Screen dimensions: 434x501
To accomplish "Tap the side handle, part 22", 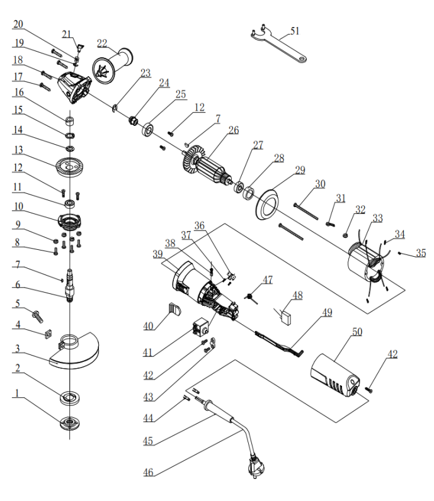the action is tap(113, 66).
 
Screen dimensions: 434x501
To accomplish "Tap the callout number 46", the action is tap(148, 472).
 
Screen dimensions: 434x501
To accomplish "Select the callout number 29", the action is tap(300, 170).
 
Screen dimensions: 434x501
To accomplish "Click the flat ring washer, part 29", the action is tap(266, 205).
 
